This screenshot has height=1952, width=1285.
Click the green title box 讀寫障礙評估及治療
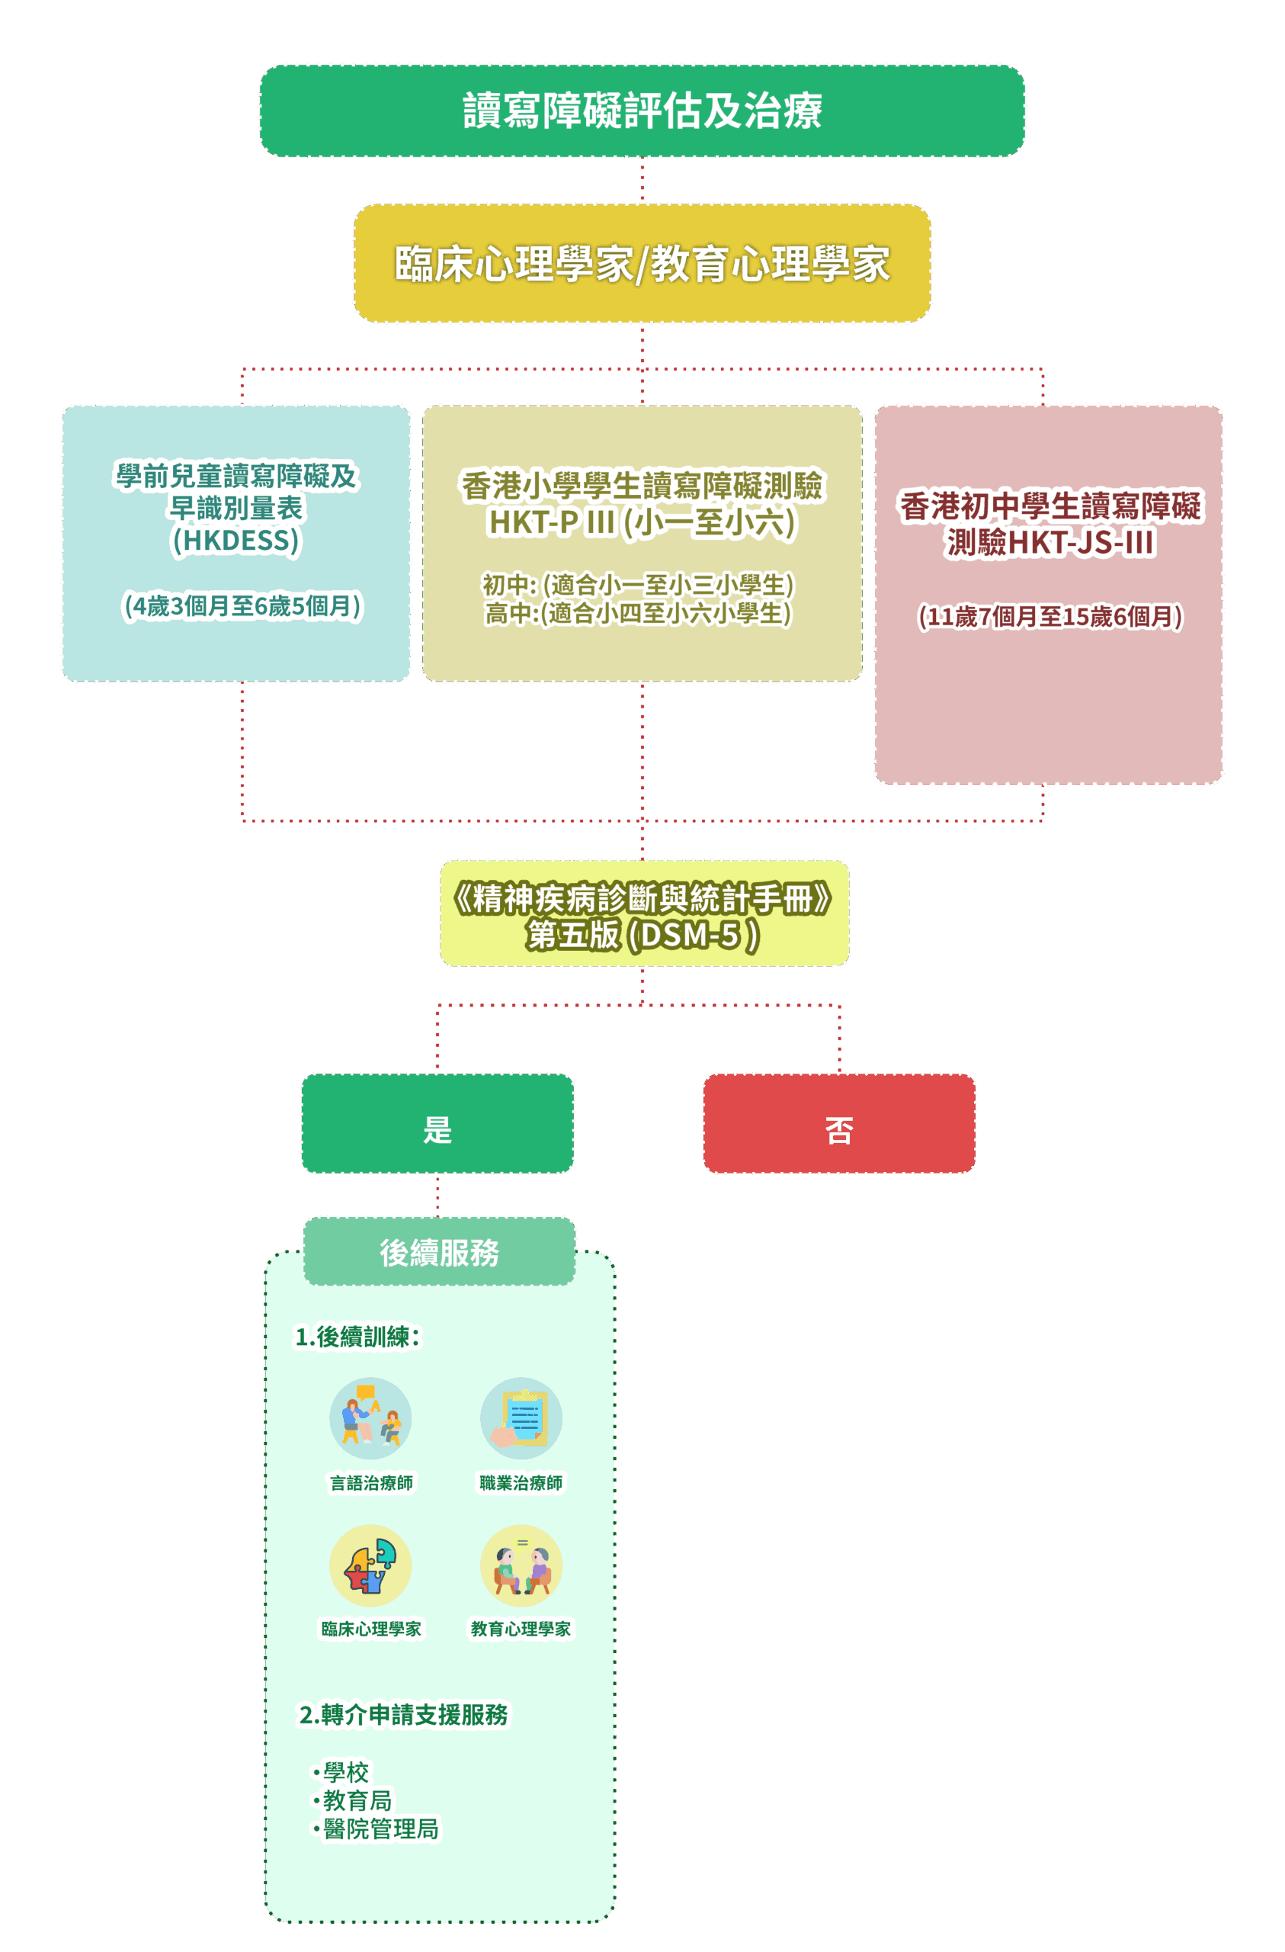[x=642, y=111]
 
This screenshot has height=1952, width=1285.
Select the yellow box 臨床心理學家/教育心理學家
[x=642, y=263]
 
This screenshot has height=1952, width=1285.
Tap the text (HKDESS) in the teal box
[x=236, y=541]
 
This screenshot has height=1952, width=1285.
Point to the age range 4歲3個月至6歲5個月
[x=242, y=606]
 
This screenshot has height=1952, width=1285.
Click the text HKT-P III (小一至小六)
[x=642, y=522]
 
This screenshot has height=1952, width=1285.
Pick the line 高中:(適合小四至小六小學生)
[x=638, y=614]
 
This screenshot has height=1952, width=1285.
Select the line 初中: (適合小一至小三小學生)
[x=638, y=585]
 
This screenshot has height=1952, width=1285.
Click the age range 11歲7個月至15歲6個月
[x=1049, y=617]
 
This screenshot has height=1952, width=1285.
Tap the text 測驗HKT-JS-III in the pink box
[x=1049, y=542]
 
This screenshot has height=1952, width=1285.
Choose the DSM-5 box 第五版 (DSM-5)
[x=644, y=934]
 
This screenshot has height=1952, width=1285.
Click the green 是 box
[x=437, y=1124]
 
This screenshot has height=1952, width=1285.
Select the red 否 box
[x=839, y=1124]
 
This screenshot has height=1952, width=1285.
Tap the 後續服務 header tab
[x=440, y=1252]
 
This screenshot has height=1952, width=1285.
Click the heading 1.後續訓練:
[x=357, y=1337]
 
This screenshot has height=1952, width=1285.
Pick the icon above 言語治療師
[x=370, y=1418]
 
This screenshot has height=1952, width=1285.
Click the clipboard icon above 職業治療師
[x=521, y=1418]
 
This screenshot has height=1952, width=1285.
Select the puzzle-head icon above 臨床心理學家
[x=370, y=1565]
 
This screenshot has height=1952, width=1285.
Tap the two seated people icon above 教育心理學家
[x=521, y=1565]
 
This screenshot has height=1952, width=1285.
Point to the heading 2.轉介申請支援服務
[x=403, y=1715]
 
